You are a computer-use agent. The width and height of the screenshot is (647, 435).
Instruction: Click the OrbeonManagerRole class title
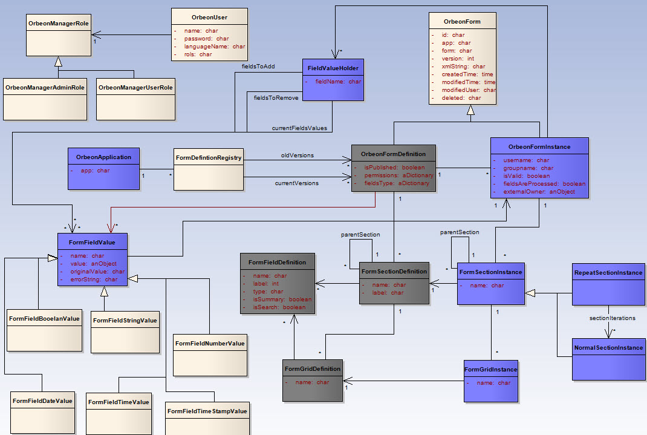[59, 24]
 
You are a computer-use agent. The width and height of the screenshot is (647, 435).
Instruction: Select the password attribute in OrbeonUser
[206, 38]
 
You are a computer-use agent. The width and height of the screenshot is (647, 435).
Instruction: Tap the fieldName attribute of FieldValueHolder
[338, 82]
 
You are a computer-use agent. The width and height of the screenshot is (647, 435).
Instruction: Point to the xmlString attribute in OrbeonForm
[463, 67]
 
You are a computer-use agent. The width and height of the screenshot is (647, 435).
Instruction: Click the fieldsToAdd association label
[258, 67]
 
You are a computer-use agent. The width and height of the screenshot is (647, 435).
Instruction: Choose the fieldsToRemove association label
[276, 98]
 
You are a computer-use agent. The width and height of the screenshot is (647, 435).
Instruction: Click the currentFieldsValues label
[299, 128]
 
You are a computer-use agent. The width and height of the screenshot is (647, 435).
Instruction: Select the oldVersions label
[297, 155]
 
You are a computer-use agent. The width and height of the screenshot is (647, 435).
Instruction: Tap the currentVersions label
[297, 183]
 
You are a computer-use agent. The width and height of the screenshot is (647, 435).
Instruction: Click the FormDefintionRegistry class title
[209, 158]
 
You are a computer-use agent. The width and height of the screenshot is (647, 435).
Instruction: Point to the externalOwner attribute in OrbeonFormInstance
[539, 192]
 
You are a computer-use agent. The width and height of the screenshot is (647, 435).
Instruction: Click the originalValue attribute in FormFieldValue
[97, 272]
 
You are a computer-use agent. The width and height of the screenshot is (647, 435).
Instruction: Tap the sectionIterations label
[613, 318]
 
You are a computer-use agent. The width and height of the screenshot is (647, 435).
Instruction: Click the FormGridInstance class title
[490, 370]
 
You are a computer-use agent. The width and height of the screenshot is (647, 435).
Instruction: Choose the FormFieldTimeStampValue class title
[207, 411]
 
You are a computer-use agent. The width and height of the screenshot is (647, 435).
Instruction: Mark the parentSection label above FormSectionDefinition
[360, 235]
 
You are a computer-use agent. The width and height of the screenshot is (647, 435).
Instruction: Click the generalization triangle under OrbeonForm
[470, 110]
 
